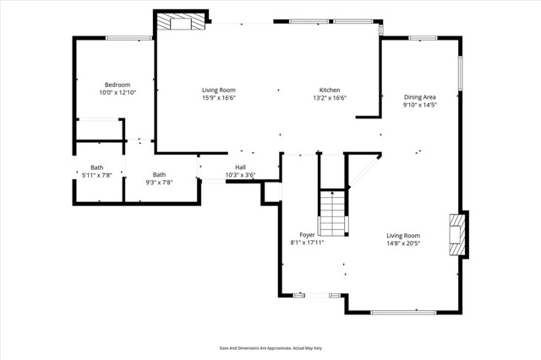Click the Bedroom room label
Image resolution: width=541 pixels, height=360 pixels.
pos(117,85)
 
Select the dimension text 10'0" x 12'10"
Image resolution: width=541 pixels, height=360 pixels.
pos(117,93)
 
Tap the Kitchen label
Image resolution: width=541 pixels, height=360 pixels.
pos(330,90)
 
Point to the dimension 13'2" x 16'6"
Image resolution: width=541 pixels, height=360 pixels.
pos(330,98)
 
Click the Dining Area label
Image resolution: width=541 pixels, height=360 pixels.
pos(419,98)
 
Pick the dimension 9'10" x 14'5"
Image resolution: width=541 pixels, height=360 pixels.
pos(419,106)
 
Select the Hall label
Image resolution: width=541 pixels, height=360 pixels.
pos(240,167)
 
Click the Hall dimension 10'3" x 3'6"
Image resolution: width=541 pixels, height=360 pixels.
pos(240,176)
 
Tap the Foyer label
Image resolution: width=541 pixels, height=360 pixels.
pos(308,235)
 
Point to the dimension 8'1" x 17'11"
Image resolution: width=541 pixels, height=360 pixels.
pos(308,243)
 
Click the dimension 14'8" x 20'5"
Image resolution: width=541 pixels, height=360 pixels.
pos(403,243)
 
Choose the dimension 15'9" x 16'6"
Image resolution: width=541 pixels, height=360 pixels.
pos(218,98)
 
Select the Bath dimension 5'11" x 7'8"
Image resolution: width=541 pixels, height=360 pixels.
pos(96,176)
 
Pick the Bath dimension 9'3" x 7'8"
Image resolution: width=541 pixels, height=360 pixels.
pos(159,182)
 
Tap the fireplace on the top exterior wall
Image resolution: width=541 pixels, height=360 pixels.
pos(182,23)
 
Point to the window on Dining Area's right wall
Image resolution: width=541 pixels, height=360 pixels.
pos(461,74)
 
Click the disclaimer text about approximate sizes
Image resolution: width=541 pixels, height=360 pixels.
pos(270,347)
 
